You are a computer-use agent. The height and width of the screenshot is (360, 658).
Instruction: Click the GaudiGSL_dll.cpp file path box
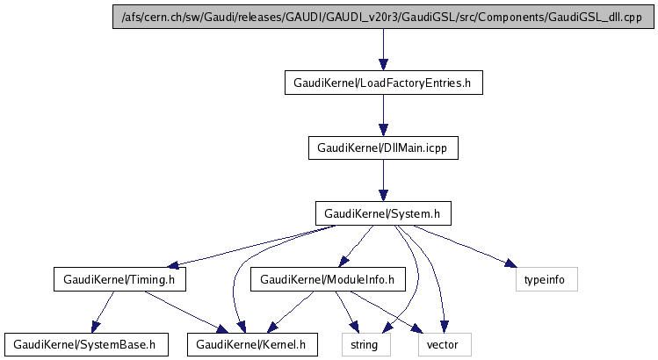pyautogui.click(x=383, y=18)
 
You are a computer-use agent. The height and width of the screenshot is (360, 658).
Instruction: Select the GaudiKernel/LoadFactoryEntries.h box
pyautogui.click(x=383, y=83)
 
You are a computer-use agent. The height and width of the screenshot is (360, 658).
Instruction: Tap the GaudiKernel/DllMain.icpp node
pyautogui.click(x=383, y=148)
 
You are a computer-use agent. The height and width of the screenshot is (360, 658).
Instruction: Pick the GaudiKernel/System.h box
pyautogui.click(x=383, y=213)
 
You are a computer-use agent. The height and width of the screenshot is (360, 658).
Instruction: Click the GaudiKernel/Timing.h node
pyautogui.click(x=120, y=279)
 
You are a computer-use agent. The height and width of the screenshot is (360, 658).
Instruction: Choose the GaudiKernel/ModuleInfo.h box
pyautogui.click(x=328, y=279)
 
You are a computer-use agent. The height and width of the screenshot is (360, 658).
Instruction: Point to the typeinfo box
pyautogui.click(x=546, y=279)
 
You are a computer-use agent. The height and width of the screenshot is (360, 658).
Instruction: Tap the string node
pyautogui.click(x=365, y=344)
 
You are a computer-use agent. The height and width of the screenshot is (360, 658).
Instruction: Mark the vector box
pyautogui.click(x=443, y=344)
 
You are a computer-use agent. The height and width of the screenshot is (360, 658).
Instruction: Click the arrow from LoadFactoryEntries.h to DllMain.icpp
pyautogui.click(x=383, y=115)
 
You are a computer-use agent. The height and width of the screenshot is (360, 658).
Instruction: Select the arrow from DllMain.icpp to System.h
pyautogui.click(x=383, y=181)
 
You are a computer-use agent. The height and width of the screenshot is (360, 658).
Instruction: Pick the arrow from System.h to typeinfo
pyautogui.click(x=466, y=247)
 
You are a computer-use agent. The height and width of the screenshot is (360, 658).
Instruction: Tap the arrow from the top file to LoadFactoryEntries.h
pyautogui.click(x=383, y=50)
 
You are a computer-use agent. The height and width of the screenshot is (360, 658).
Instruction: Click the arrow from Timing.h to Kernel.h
pyautogui.click(x=184, y=311)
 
